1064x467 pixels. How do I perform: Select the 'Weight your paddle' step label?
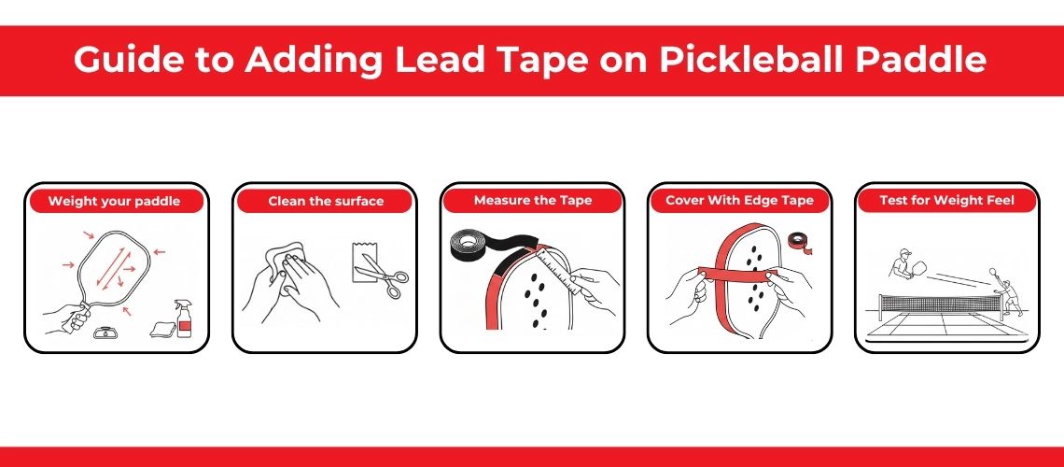point(114,201)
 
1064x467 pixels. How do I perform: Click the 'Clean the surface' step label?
point(326,201)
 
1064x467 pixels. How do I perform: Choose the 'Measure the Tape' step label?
point(533,200)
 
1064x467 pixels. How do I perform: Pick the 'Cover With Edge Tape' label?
point(739,200)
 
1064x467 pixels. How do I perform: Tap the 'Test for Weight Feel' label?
point(947,200)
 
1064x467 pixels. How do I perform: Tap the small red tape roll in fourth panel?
point(798,242)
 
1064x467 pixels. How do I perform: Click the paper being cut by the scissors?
point(365,262)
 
